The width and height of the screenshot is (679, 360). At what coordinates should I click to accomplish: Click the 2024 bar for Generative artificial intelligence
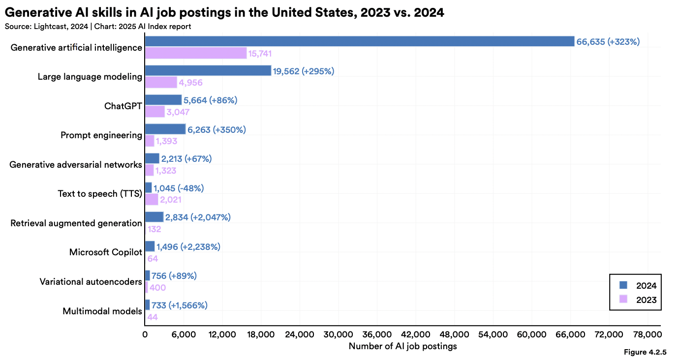[359, 41]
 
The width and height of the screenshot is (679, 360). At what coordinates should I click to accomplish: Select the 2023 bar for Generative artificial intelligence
[196, 53]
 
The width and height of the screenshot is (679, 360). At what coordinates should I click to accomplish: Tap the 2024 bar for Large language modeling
[208, 71]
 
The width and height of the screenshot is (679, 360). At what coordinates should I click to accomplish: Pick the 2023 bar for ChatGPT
[155, 112]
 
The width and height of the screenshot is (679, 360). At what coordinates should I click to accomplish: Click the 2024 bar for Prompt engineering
[165, 129]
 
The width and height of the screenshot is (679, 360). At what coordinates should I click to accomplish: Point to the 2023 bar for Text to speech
[152, 200]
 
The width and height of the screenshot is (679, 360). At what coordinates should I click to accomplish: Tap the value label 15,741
[260, 54]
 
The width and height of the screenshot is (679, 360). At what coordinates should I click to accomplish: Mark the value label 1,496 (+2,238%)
[188, 246]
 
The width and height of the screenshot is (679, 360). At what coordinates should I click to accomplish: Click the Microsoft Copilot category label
[105, 252]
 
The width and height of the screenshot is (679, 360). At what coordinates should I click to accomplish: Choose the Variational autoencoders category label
[91, 282]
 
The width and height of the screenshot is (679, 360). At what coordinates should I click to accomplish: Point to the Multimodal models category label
[102, 311]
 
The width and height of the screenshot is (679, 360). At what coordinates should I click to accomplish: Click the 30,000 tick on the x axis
[338, 335]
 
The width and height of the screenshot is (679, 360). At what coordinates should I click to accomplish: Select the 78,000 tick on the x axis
[647, 335]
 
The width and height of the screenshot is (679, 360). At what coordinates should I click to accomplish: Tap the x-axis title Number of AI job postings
[402, 346]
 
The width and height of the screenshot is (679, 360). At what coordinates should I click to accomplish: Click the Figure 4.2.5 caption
[645, 352]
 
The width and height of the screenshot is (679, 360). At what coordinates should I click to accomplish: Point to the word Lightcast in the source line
[51, 27]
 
